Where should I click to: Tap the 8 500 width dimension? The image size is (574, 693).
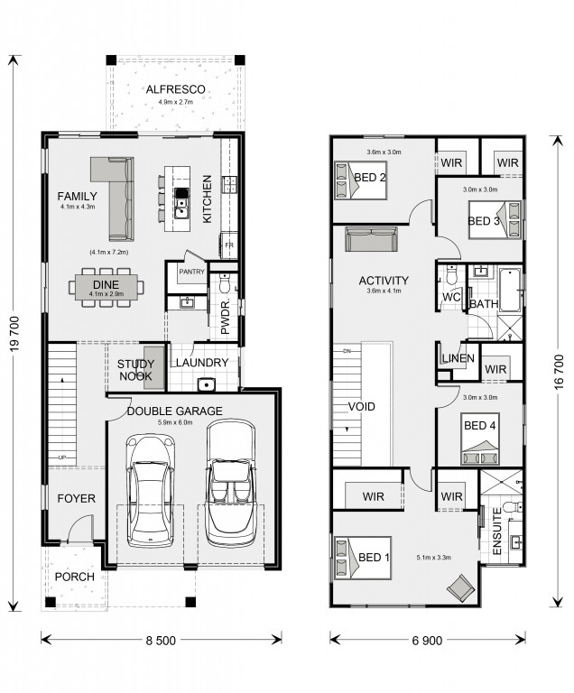tap(161, 641)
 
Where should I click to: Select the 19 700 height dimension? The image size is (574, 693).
tap(14, 334)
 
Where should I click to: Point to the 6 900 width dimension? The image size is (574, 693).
tap(427, 641)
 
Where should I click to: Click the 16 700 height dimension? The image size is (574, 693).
tap(559, 372)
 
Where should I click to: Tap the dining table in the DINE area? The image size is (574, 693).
tap(106, 287)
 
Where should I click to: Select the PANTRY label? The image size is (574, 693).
tap(192, 272)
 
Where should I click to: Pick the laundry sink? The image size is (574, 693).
tap(206, 384)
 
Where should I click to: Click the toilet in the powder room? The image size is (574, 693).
tap(225, 283)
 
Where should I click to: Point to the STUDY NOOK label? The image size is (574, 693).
tap(135, 370)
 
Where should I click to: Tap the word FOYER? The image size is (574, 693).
tap(77, 498)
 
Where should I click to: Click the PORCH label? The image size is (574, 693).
tap(75, 577)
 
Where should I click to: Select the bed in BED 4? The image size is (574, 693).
tap(480, 439)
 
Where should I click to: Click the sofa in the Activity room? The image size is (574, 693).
tap(372, 239)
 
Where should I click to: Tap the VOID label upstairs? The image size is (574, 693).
tap(362, 407)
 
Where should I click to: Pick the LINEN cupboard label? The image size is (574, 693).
tap(458, 358)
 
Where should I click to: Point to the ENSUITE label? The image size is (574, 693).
tap(497, 531)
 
